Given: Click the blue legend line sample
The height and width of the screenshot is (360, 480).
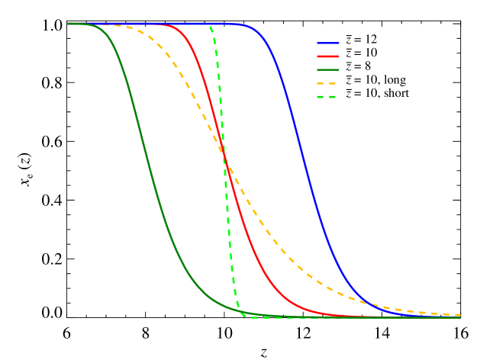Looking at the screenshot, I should pyautogui.click(x=328, y=43).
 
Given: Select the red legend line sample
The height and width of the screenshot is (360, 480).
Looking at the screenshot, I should pyautogui.click(x=328, y=56).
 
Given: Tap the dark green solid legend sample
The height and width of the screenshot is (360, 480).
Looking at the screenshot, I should pyautogui.click(x=328, y=69).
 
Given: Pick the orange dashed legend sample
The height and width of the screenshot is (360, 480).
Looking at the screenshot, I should pyautogui.click(x=328, y=83).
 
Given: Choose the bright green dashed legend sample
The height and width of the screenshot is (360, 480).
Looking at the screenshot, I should pyautogui.click(x=328, y=97).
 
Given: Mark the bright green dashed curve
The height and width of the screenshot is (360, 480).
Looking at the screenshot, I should pyautogui.click(x=227, y=191).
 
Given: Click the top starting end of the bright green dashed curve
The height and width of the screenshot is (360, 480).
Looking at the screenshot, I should pyautogui.click(x=210, y=25).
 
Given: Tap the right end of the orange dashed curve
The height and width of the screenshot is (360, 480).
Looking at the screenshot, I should pyautogui.click(x=459, y=315).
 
